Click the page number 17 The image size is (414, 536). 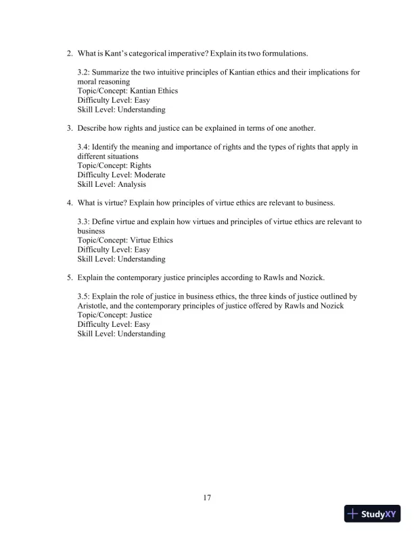pyautogui.click(x=207, y=499)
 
